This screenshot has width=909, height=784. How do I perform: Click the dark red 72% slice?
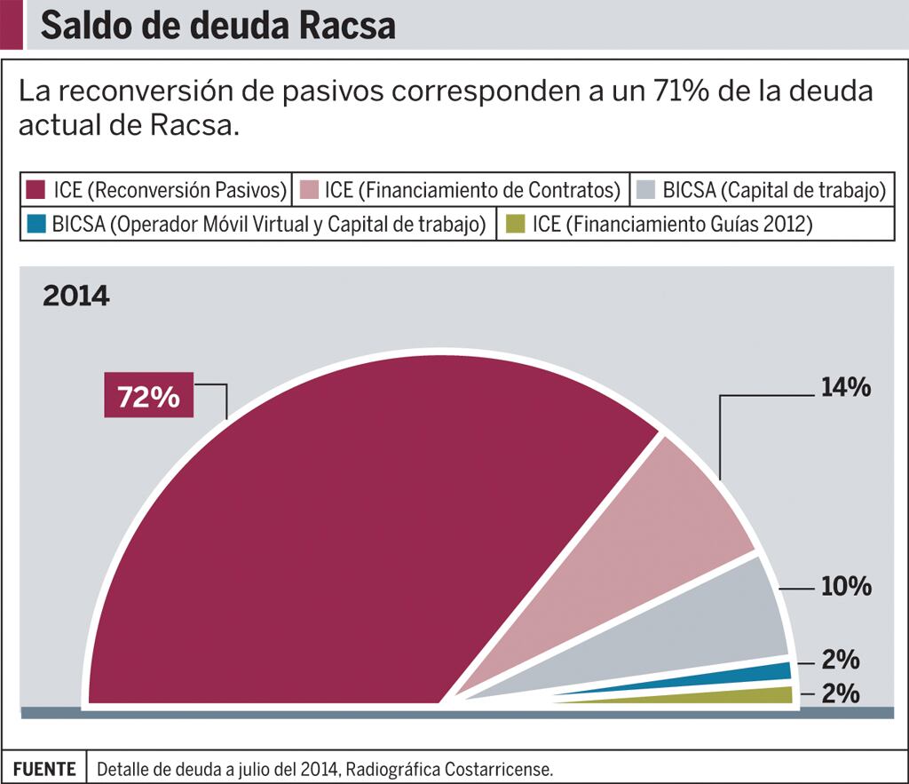355,550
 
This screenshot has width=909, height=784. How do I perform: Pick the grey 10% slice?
719,622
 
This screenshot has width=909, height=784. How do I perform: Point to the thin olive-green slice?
763,695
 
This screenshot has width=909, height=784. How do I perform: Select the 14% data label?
845,388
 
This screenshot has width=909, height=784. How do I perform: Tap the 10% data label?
845,587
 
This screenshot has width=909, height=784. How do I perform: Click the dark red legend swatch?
36,189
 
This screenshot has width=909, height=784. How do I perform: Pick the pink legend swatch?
306,189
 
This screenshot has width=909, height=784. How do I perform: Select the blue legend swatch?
36,224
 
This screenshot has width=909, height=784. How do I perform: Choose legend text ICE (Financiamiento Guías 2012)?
672,225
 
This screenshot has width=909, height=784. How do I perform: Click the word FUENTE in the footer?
45,768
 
